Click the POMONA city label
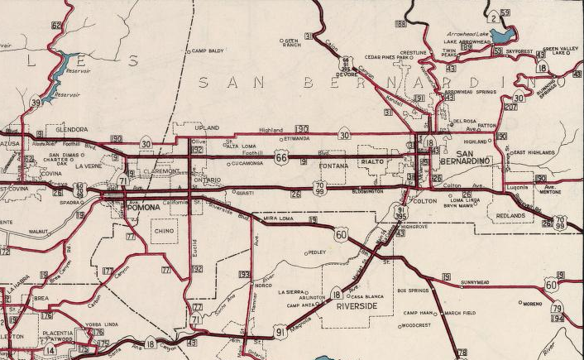click(x=146, y=208)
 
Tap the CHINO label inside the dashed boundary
click(x=164, y=233)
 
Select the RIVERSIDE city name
click(x=357, y=306)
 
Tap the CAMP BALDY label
click(x=208, y=50)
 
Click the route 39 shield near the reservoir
click(x=36, y=103)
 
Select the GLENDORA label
click(x=71, y=130)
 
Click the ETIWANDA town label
click(x=294, y=140)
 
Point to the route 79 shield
click(x=557, y=308)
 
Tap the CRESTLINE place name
click(x=413, y=52)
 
